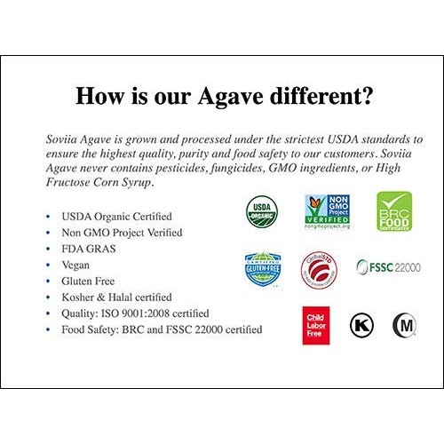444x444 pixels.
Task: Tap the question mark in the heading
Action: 365,95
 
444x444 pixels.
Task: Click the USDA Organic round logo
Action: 262,210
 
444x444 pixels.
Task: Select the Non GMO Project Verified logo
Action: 327,212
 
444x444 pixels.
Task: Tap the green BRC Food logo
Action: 393,211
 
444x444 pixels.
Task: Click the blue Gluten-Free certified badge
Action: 263,268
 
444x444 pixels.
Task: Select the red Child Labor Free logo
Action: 316,325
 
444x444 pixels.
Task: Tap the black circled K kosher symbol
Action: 361,325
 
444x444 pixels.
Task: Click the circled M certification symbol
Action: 405,326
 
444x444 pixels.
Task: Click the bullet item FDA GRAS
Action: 89,249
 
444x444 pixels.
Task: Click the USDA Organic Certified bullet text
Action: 116,217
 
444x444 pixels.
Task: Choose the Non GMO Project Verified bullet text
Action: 122,233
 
